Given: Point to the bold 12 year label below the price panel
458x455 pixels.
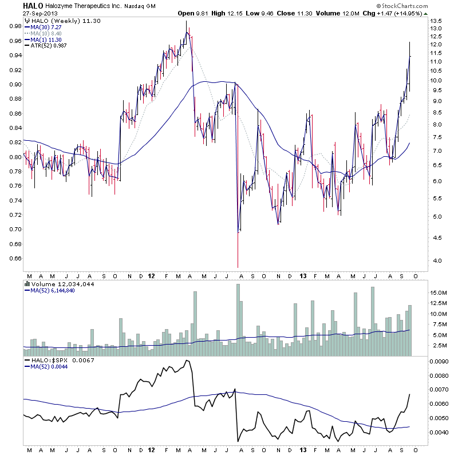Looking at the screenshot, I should point(150,275).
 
